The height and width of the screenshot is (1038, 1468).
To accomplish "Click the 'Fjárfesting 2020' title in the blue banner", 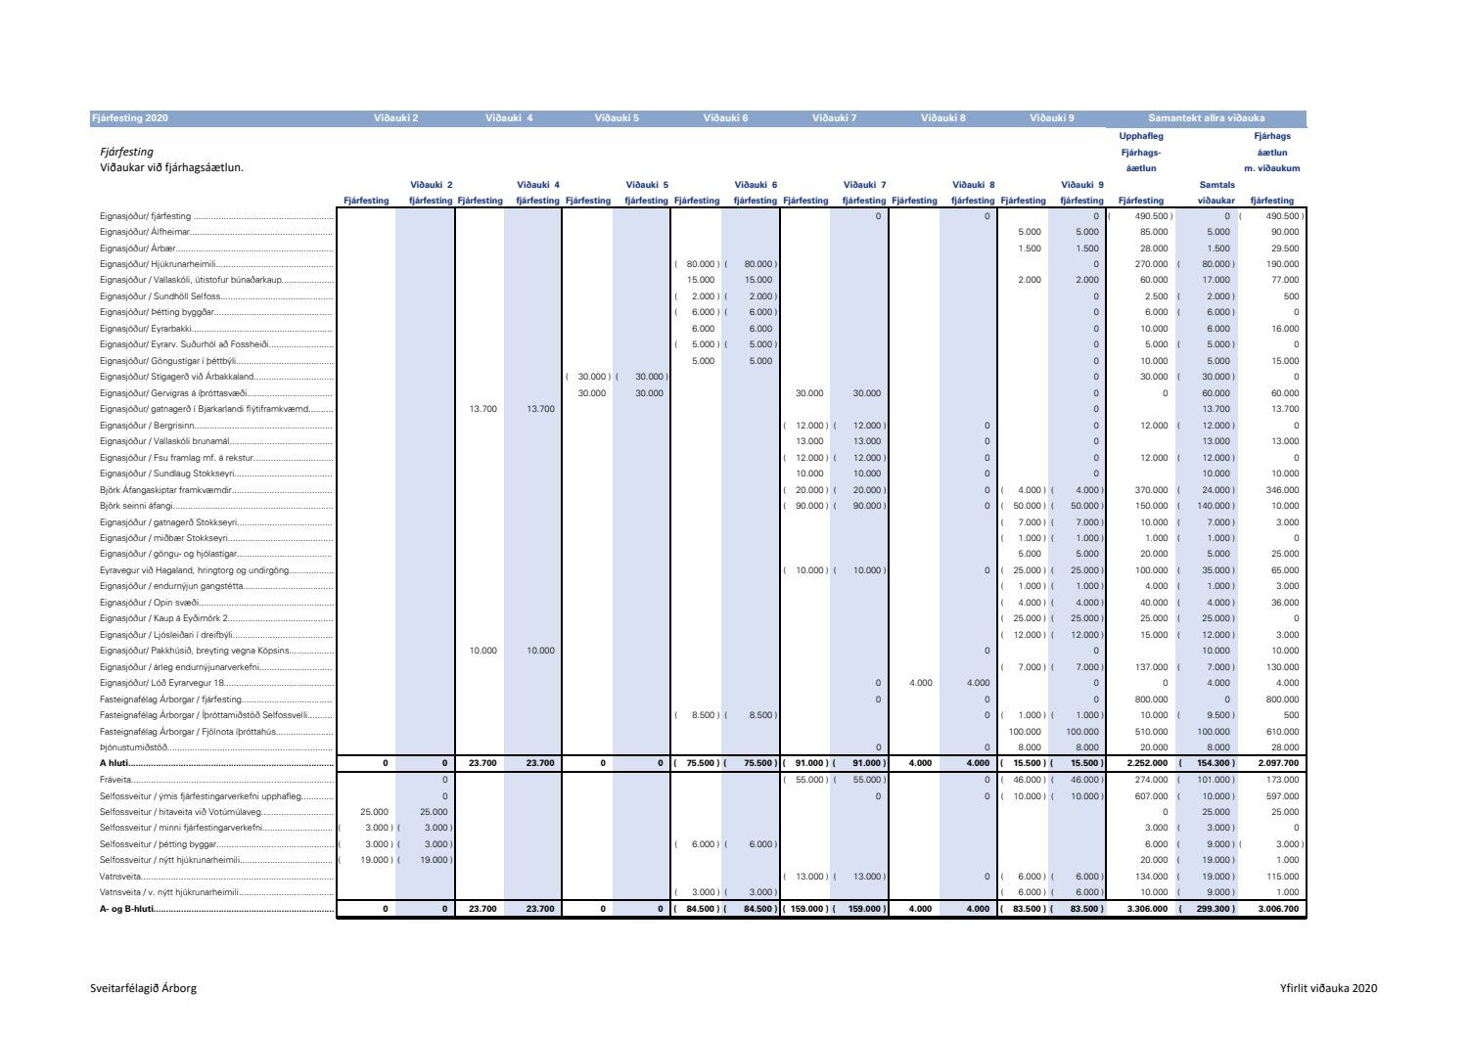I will click(x=130, y=118).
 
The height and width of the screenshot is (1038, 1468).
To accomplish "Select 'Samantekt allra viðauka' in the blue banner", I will click(x=1206, y=118).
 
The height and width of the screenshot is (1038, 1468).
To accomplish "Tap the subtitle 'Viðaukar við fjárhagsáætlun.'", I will click(x=171, y=167).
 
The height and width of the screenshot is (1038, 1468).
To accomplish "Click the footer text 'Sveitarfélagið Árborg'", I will click(x=143, y=988).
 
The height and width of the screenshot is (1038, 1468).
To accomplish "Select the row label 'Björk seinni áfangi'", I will click(x=136, y=506).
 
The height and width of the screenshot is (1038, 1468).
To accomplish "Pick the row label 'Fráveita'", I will click(x=116, y=780).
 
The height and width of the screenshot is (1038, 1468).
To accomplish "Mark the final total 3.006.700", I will click(x=1278, y=909).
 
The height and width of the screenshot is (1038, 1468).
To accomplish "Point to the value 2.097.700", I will click(x=1278, y=763).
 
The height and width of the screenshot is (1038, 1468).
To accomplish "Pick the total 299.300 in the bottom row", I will click(x=1213, y=909).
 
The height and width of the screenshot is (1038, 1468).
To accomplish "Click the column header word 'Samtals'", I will click(x=1216, y=185).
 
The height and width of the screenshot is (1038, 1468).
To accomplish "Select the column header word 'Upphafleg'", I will click(x=1140, y=136).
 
